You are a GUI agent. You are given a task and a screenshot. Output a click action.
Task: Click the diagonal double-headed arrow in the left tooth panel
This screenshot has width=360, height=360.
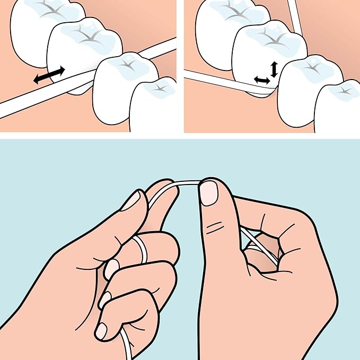(49, 75)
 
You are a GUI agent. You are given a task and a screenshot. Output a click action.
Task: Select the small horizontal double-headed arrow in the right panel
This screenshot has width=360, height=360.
(261, 80)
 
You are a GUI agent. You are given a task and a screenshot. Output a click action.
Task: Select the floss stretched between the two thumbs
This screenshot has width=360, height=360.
(180, 183)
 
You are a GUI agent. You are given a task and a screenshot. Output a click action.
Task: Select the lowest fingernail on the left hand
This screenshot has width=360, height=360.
(101, 331)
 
